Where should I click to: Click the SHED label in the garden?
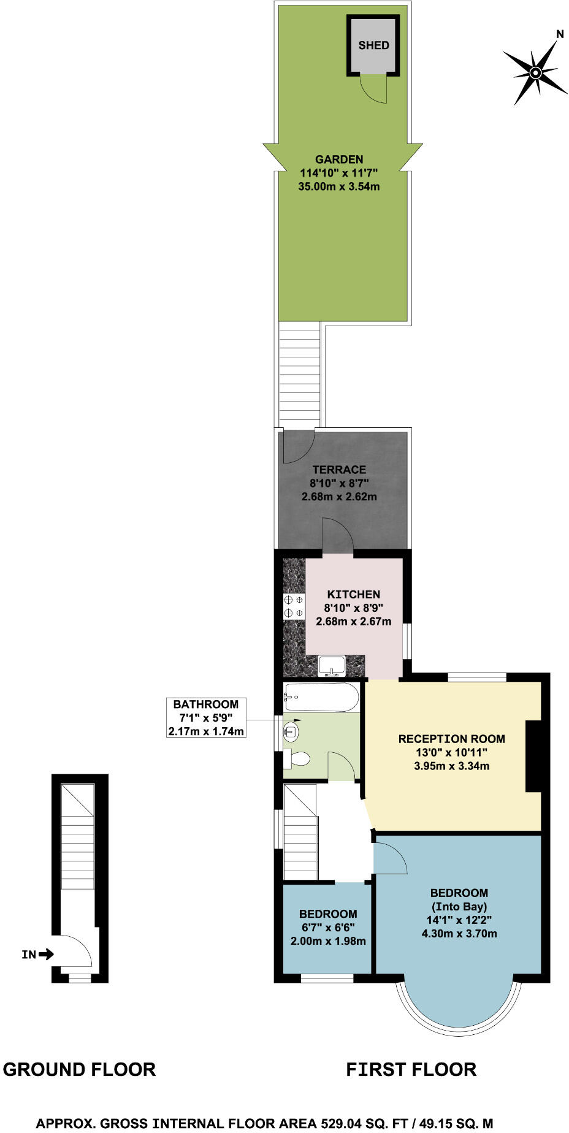[x=373, y=45]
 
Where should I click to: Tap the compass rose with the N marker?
[x=535, y=73]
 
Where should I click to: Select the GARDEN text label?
[x=339, y=159]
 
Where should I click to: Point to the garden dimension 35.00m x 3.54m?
[x=339, y=186]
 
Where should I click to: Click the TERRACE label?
[x=339, y=470]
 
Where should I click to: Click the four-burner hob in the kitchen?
[x=294, y=606]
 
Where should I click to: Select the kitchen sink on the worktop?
[x=332, y=665]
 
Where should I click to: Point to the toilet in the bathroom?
[x=297, y=758]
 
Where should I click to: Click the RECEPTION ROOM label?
[x=452, y=739]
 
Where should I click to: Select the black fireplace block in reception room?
[x=533, y=757]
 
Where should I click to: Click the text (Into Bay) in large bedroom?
[x=459, y=907]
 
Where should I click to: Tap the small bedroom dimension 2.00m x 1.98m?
[x=328, y=941]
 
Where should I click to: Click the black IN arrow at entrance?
[x=46, y=954]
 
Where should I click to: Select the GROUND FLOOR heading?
[x=79, y=1070]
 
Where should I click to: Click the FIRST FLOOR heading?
[x=411, y=1070]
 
